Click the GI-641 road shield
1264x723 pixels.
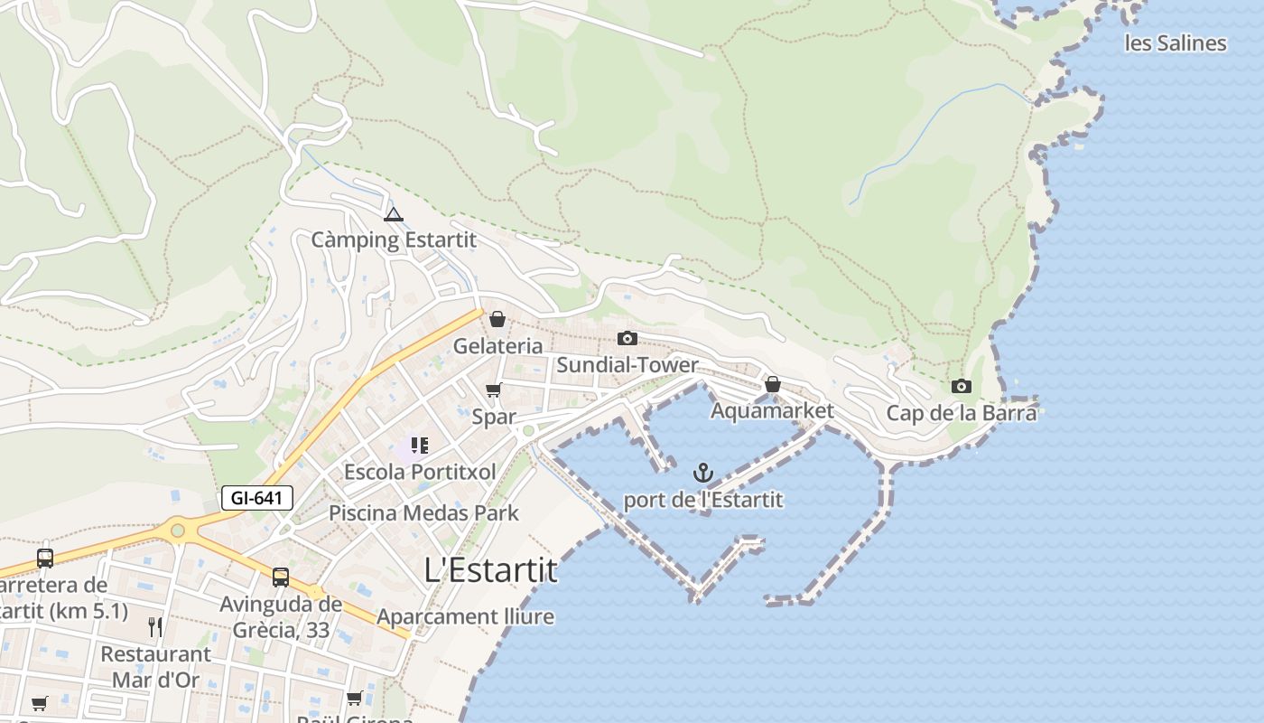[x=257, y=498]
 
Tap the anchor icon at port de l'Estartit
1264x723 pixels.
[x=702, y=473]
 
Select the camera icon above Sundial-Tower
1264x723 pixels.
[x=627, y=338]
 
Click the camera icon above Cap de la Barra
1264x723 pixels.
[x=962, y=387]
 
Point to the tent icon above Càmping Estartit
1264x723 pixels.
[x=393, y=214]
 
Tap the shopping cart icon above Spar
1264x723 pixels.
[x=494, y=390]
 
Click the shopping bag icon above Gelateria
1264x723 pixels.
[x=497, y=319]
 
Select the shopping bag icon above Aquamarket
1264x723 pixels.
[x=773, y=384]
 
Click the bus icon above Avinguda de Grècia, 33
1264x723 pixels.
[x=281, y=577]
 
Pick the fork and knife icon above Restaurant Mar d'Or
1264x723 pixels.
[x=155, y=626]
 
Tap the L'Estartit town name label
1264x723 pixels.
[x=490, y=570]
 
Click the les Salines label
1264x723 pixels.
[x=1176, y=42]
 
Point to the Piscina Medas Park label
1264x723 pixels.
[x=423, y=513]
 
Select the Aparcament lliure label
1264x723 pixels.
[x=466, y=617]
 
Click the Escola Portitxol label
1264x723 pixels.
[x=420, y=472]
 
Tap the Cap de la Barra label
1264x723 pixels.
[x=962, y=413]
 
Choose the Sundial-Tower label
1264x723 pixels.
[x=627, y=365]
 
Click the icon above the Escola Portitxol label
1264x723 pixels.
[x=419, y=445]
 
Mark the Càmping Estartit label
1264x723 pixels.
[x=394, y=240]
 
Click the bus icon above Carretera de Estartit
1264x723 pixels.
[x=45, y=558]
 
